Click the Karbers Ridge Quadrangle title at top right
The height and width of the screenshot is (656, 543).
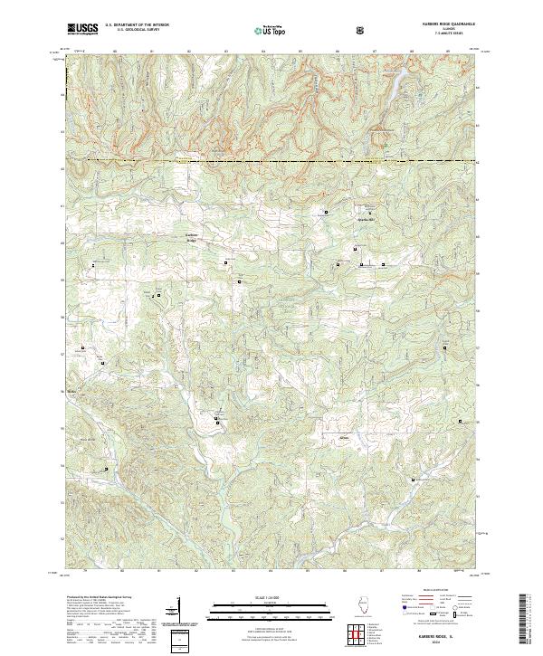click(x=439, y=24)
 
